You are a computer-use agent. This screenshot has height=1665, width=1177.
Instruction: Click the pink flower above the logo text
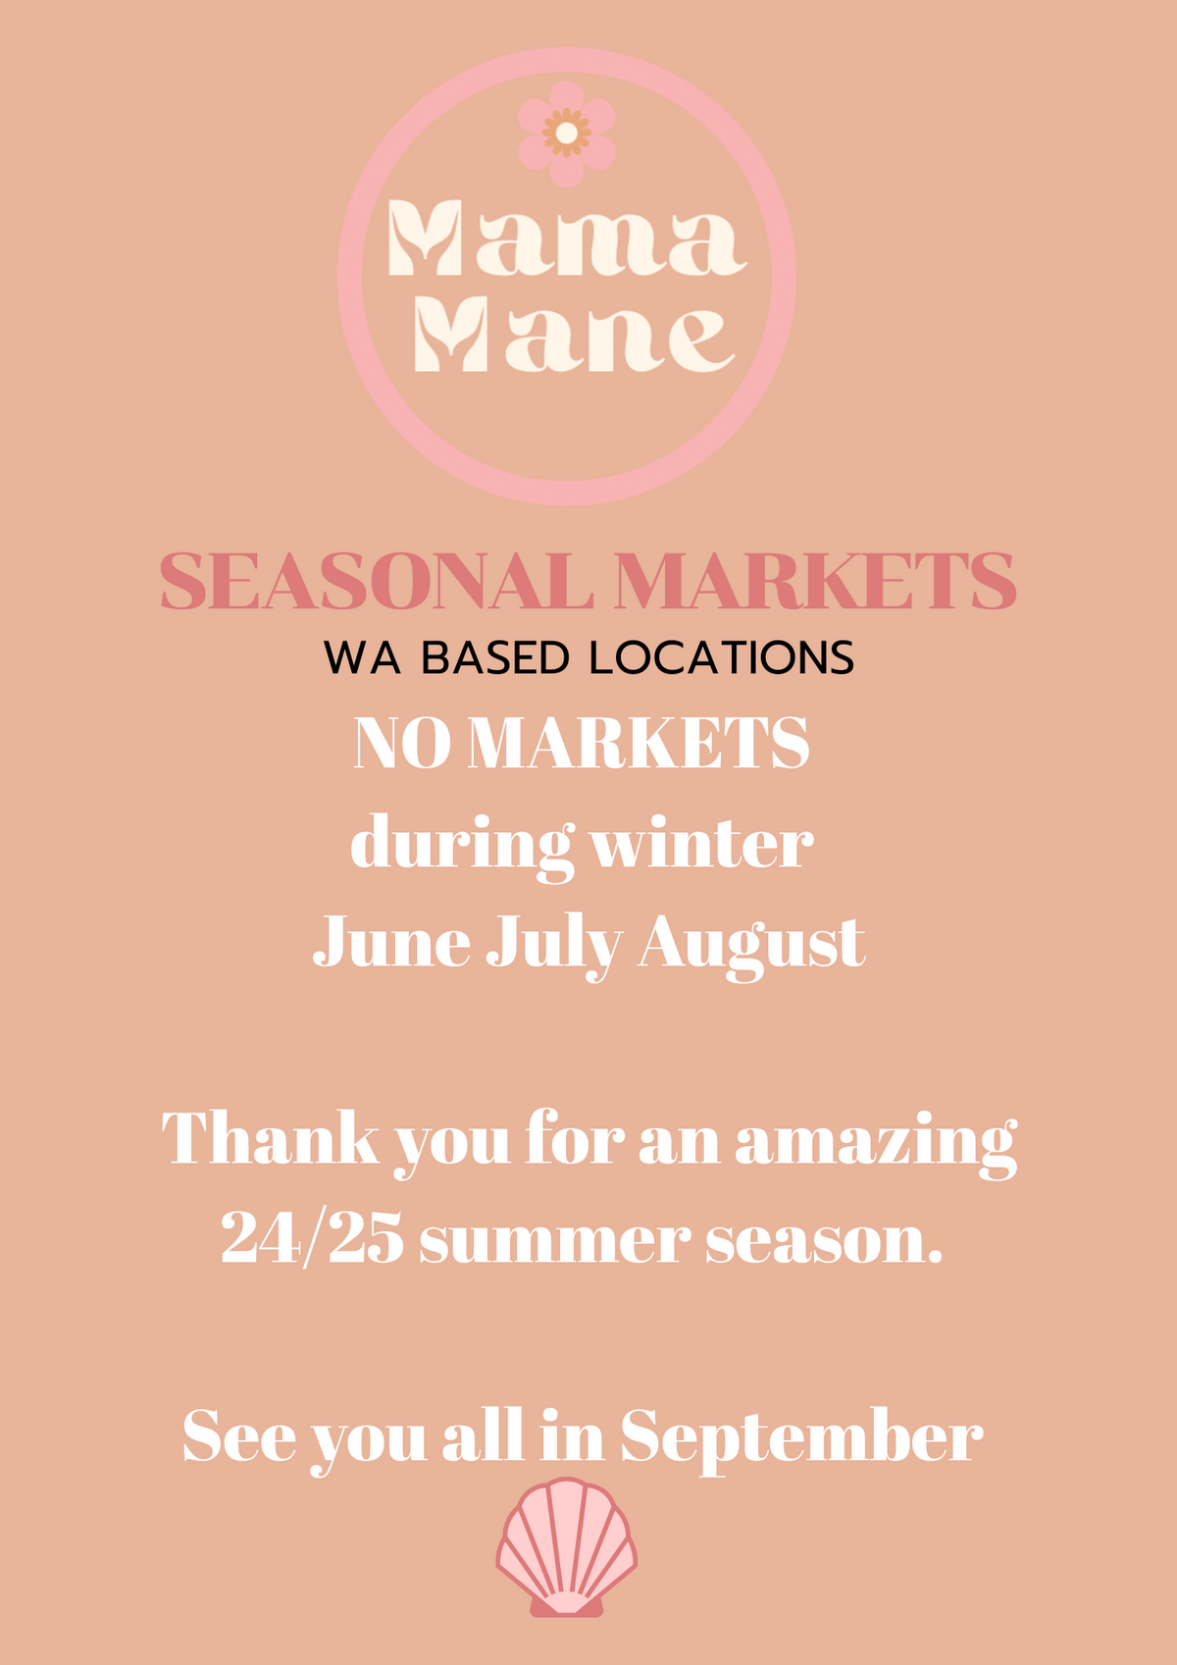[566, 133]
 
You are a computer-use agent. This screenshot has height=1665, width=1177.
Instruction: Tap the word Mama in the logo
[567, 237]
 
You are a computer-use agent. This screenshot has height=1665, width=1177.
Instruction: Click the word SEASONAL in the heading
[377, 581]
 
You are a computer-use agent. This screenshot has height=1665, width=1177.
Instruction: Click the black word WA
[363, 657]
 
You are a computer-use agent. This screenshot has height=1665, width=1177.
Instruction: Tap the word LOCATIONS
[722, 657]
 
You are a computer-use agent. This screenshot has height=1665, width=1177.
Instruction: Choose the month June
[391, 943]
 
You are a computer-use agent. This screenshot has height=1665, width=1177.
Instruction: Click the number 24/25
[312, 1238]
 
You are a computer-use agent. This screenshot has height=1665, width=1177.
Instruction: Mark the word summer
[550, 1244]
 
